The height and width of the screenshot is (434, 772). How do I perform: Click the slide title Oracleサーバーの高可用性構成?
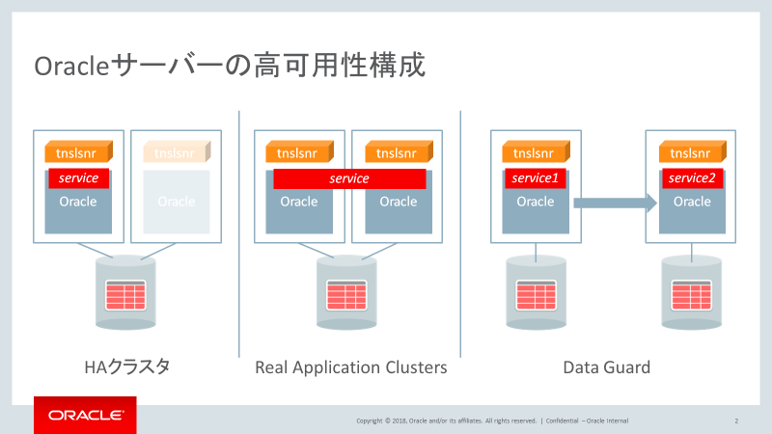(230, 67)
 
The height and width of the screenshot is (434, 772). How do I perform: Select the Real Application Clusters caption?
(351, 367)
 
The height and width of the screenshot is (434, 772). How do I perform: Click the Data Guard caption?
(606, 367)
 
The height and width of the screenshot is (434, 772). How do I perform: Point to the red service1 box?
(535, 178)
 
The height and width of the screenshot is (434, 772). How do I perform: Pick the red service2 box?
(691, 178)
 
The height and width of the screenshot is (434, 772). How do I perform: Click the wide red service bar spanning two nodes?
(349, 178)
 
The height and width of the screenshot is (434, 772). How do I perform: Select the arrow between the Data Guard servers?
(615, 203)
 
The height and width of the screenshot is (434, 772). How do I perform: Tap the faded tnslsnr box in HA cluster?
(176, 152)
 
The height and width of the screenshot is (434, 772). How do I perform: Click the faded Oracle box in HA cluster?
(177, 202)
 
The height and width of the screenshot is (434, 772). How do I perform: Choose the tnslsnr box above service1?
(534, 152)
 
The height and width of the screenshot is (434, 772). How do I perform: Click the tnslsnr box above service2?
(691, 152)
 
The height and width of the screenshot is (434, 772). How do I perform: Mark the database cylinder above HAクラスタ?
(125, 291)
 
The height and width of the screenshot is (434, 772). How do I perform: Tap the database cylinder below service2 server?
(691, 291)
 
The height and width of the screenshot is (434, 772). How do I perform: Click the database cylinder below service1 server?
(534, 291)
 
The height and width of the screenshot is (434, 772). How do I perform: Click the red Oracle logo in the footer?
(85, 416)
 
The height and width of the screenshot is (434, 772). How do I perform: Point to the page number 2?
(736, 420)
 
